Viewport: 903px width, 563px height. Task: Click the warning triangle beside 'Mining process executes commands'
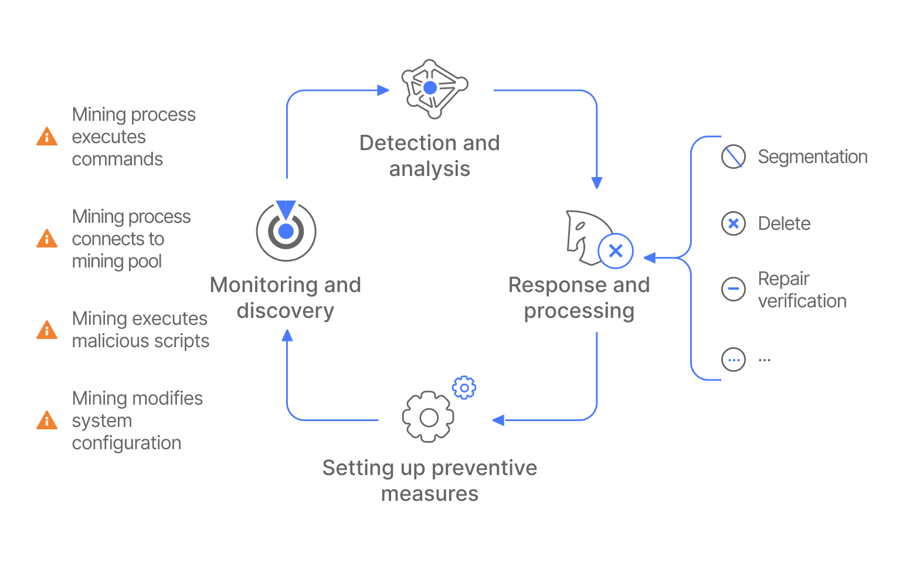47,137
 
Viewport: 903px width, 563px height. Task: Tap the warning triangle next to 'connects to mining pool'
47,239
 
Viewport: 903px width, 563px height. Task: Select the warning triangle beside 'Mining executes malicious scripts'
47,330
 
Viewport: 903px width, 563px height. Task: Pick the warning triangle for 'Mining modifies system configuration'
47,420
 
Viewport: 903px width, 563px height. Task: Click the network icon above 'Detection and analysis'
433,89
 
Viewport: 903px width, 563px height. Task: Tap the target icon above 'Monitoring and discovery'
286,231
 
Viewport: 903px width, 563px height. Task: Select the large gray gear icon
429,417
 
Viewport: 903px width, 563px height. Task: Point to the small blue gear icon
464,388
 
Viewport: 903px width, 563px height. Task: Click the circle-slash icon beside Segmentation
733,157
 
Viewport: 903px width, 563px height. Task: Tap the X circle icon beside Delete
733,223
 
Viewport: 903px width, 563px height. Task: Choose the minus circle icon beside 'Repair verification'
733,289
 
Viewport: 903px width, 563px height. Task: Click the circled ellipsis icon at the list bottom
733,359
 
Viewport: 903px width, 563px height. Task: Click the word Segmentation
812,157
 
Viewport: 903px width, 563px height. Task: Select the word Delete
784,223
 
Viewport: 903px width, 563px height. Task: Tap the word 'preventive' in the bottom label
484,468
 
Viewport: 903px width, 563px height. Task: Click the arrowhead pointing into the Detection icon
383,90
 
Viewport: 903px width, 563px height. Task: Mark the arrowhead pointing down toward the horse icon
597,182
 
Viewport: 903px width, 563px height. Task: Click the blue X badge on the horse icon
616,251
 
